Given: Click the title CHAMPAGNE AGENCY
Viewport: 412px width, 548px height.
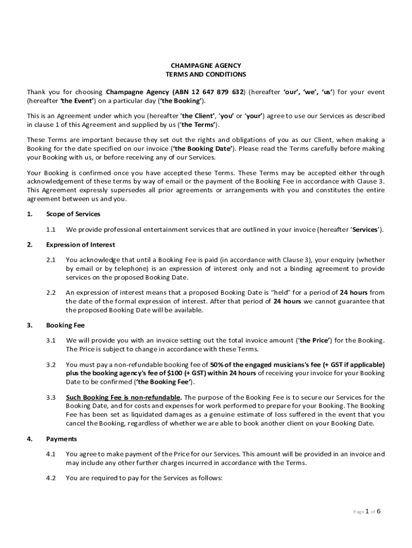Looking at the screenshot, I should click(206, 65).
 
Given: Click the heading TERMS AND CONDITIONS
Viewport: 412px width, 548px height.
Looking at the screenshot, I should click(206, 74).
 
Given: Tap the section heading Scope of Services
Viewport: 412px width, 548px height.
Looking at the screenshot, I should click(73, 214).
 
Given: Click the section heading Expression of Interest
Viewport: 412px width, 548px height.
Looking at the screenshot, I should click(80, 245).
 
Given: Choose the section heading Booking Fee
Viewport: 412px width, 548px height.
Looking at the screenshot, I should click(65, 325).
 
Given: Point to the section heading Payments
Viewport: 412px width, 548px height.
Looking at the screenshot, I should click(62, 439).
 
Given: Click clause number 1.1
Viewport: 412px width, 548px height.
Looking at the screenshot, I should click(51, 230).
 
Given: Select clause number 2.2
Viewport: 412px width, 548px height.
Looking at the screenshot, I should click(51, 293).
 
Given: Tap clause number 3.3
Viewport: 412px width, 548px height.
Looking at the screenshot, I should click(51, 397).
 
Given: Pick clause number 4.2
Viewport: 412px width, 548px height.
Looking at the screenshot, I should click(51, 478).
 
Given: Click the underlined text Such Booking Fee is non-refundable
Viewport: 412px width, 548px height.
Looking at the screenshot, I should click(124, 397).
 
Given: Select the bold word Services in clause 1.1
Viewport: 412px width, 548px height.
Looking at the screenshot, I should click(364, 230).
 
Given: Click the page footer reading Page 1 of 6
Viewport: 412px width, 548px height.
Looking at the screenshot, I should click(367, 512).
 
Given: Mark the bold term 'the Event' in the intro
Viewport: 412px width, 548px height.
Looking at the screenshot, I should click(78, 101).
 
